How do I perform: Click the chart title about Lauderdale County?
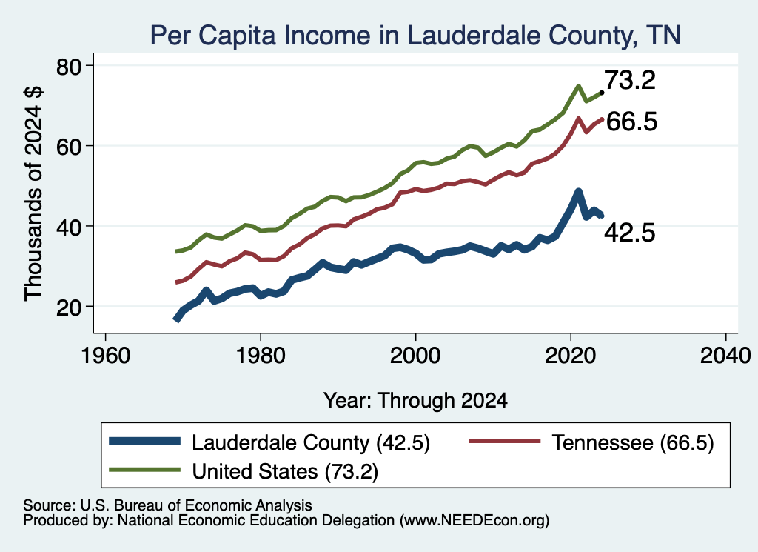415,35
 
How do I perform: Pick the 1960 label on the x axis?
105,356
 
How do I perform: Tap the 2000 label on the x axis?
415,356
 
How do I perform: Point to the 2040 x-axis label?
725,356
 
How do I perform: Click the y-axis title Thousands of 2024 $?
33,193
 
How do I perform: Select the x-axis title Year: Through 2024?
415,401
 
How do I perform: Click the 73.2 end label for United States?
630,80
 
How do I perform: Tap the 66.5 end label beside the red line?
631,121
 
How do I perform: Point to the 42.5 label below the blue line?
630,233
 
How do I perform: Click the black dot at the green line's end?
602,92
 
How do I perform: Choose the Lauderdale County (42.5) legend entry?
269,442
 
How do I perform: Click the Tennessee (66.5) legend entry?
591,442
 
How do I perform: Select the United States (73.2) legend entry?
244,471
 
